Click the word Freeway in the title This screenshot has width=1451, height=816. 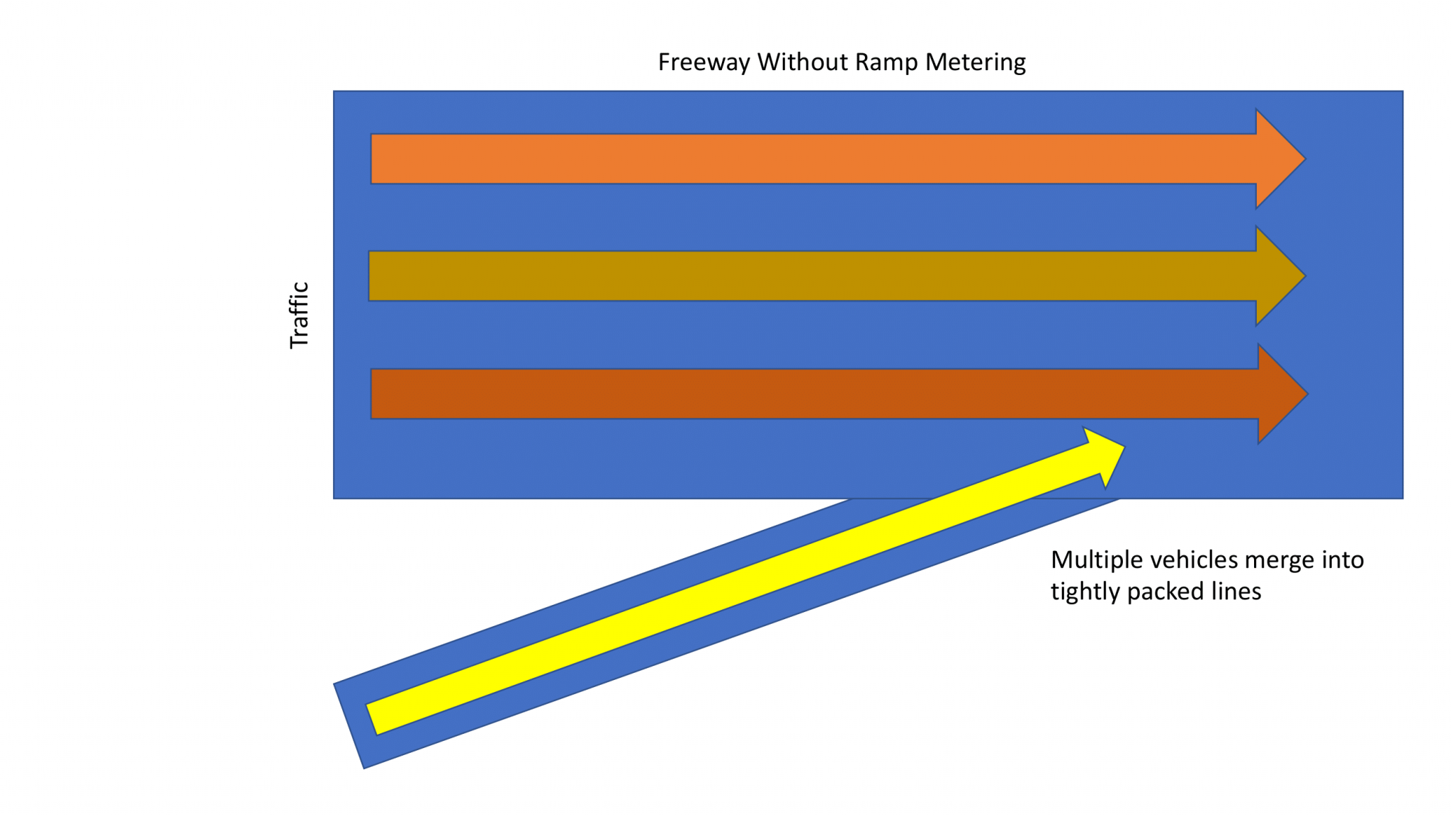(x=704, y=62)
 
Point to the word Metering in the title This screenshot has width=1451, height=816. (x=976, y=62)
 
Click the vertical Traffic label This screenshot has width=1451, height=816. (x=300, y=315)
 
